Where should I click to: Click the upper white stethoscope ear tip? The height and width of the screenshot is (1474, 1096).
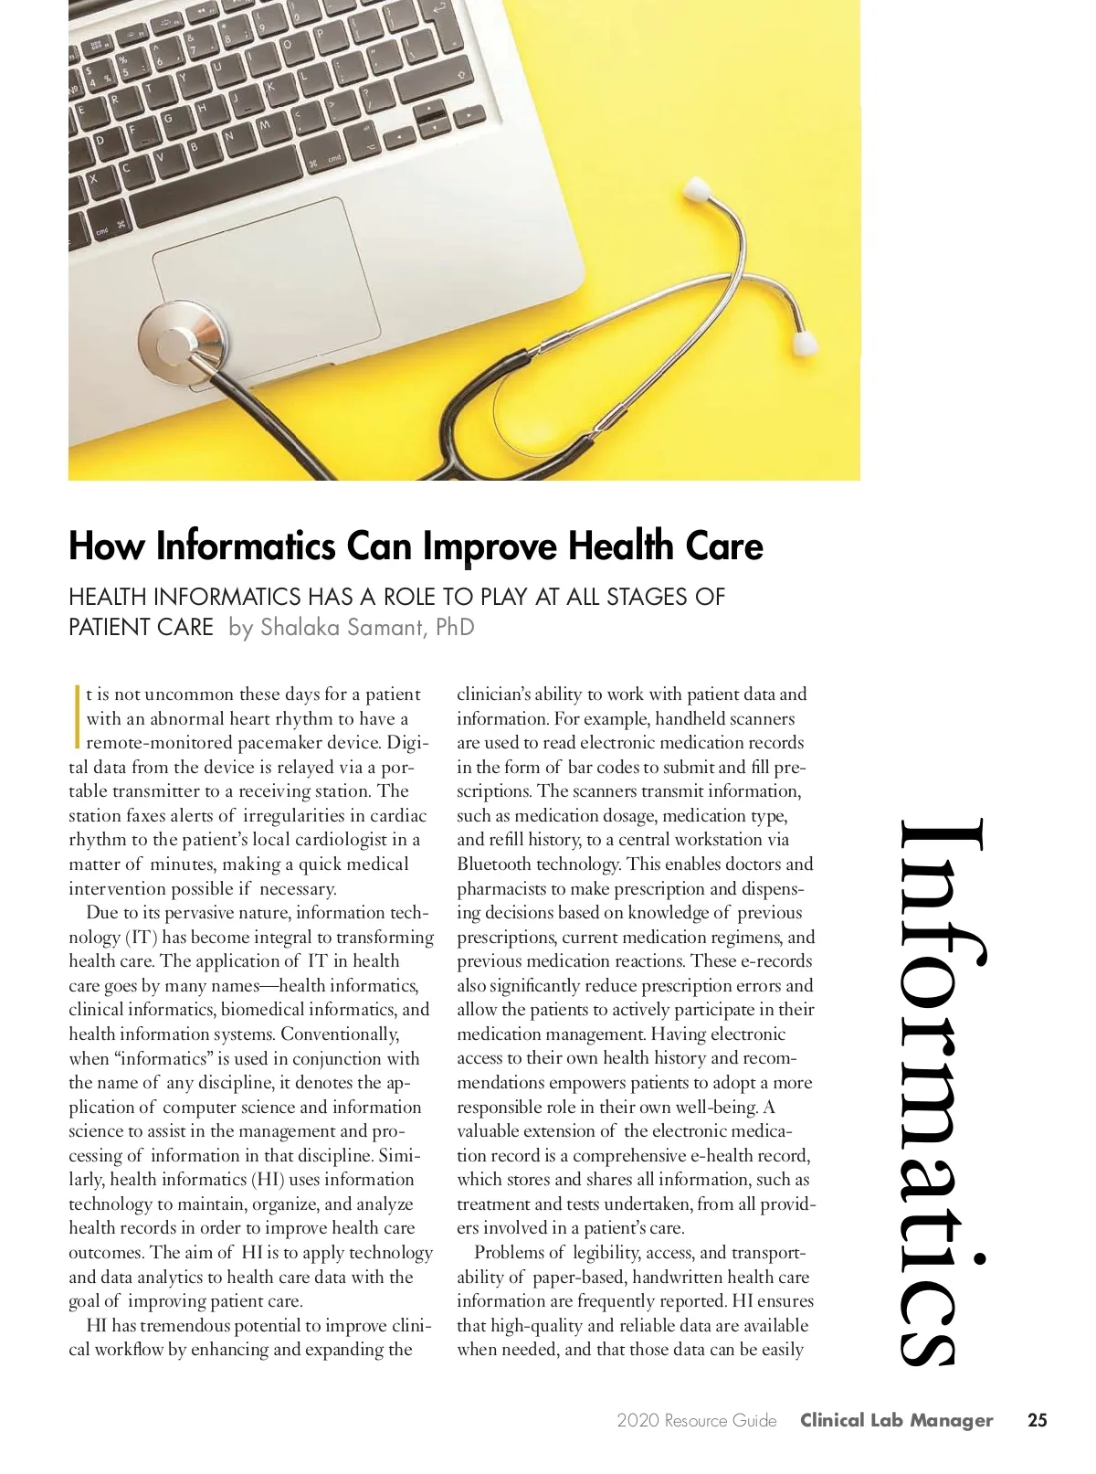[x=699, y=188]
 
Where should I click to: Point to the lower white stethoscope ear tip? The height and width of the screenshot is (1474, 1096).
[x=805, y=343]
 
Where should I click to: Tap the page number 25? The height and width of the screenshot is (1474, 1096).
[x=1037, y=1420]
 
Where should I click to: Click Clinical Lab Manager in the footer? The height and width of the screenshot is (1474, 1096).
[x=896, y=1420]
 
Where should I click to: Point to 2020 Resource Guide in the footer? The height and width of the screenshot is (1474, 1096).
[x=696, y=1420]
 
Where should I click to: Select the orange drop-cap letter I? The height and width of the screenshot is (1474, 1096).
[x=77, y=717]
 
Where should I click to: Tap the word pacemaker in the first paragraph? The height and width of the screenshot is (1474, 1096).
[x=279, y=742]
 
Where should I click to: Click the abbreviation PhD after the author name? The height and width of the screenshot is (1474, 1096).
[x=454, y=627]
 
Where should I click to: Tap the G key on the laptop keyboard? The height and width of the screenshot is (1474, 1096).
[x=168, y=118]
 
